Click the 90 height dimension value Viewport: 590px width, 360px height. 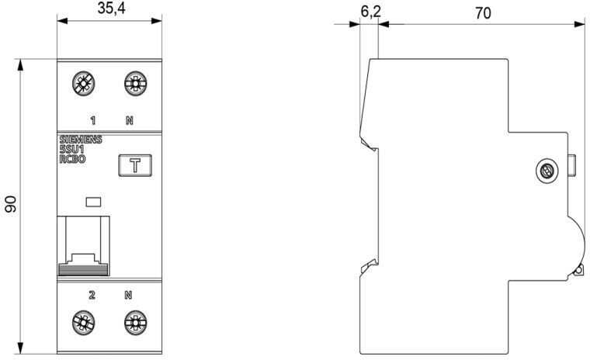coord(12,204)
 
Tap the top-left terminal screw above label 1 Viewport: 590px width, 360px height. coord(82,85)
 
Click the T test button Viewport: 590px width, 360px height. coord(134,165)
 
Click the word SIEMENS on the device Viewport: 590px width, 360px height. coord(81,140)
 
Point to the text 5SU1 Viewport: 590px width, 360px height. coord(72,149)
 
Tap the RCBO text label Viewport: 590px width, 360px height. coord(73,158)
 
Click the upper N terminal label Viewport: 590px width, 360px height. coord(129,120)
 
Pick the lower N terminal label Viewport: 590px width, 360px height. coord(129,295)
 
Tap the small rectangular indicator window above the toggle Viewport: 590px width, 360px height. coord(93,202)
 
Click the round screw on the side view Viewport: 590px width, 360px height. coord(547,171)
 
